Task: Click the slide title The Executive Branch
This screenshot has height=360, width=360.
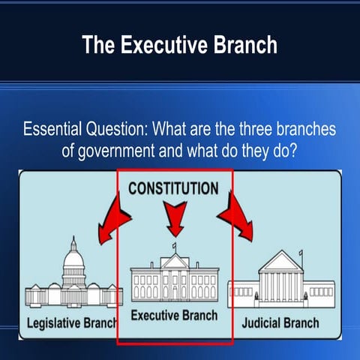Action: tap(180, 45)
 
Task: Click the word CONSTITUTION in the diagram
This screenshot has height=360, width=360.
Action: tap(173, 188)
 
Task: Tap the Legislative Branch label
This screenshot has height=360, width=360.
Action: tap(72, 323)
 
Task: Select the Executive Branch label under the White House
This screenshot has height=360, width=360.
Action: tap(174, 316)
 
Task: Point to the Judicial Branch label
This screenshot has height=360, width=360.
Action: tap(280, 323)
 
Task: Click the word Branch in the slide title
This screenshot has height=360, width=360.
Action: tap(241, 45)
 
